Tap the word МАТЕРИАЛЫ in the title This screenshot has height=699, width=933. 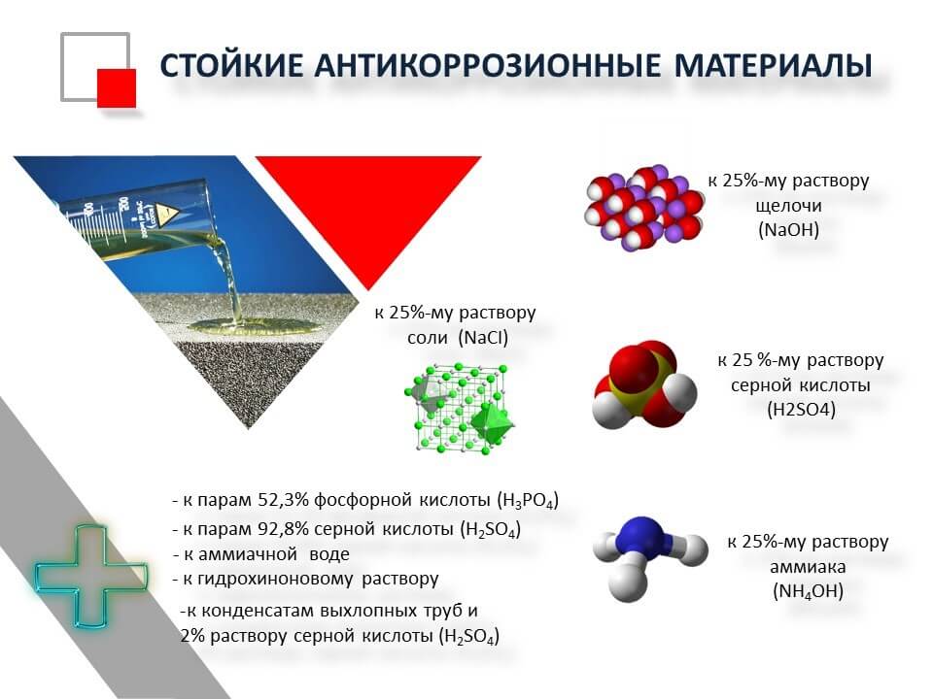[x=773, y=65]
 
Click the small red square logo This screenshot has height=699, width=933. [x=117, y=88]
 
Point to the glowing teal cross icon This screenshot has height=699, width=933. [x=90, y=576]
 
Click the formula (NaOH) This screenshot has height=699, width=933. [x=788, y=229]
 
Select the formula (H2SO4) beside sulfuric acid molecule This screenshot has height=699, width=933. [x=802, y=410]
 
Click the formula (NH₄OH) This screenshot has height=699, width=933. [x=808, y=591]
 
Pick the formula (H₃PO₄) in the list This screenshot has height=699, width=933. [x=527, y=501]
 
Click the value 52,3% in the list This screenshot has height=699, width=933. [x=283, y=500]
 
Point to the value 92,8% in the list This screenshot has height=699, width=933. [x=283, y=528]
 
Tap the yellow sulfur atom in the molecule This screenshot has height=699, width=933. [x=642, y=385]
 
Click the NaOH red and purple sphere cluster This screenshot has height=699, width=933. [x=644, y=208]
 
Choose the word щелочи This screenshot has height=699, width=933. [x=788, y=206]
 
